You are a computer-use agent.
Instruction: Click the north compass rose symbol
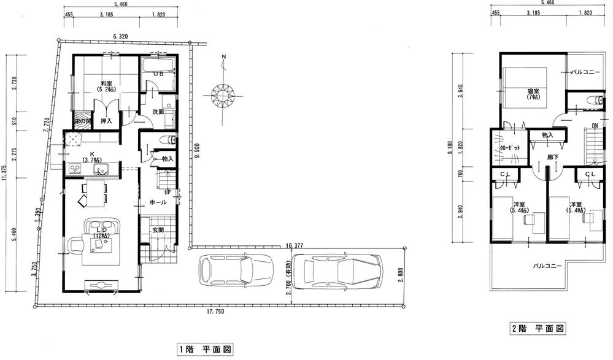click(x=225, y=94)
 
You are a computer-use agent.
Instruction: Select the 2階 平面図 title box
click(x=538, y=329)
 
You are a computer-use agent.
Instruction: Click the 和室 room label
click(x=106, y=85)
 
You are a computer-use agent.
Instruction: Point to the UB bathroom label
click(x=158, y=75)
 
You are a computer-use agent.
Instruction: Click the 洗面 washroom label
click(x=159, y=112)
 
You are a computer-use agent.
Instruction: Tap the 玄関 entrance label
click(x=158, y=230)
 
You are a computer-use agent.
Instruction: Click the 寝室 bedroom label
click(x=534, y=93)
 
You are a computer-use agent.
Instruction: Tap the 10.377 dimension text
click(x=296, y=246)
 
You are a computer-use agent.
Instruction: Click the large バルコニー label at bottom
click(x=547, y=266)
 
